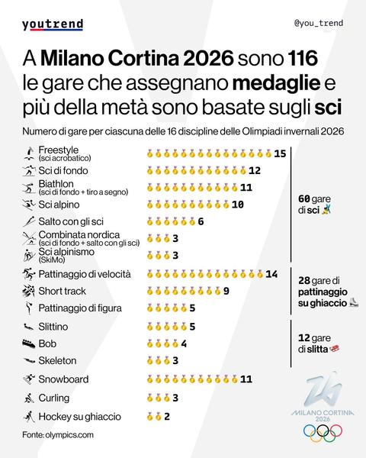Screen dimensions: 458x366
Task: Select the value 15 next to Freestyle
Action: (x=280, y=154)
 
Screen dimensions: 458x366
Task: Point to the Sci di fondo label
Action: (x=65, y=170)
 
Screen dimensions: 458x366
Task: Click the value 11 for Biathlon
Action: (x=246, y=187)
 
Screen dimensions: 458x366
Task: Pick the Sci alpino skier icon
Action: (x=28, y=205)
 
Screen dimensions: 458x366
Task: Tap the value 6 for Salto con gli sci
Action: (x=201, y=222)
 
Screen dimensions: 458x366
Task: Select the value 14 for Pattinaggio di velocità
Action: (x=271, y=274)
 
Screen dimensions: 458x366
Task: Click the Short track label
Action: (x=63, y=291)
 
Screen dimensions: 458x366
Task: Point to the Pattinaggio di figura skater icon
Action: (x=28, y=308)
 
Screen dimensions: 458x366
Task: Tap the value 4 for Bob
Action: (x=184, y=343)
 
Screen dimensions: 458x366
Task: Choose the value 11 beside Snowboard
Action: (x=246, y=379)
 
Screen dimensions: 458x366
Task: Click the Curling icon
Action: (x=28, y=398)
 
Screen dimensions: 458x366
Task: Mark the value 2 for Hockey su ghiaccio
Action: (x=166, y=416)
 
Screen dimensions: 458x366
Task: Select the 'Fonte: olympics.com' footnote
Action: (x=57, y=434)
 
